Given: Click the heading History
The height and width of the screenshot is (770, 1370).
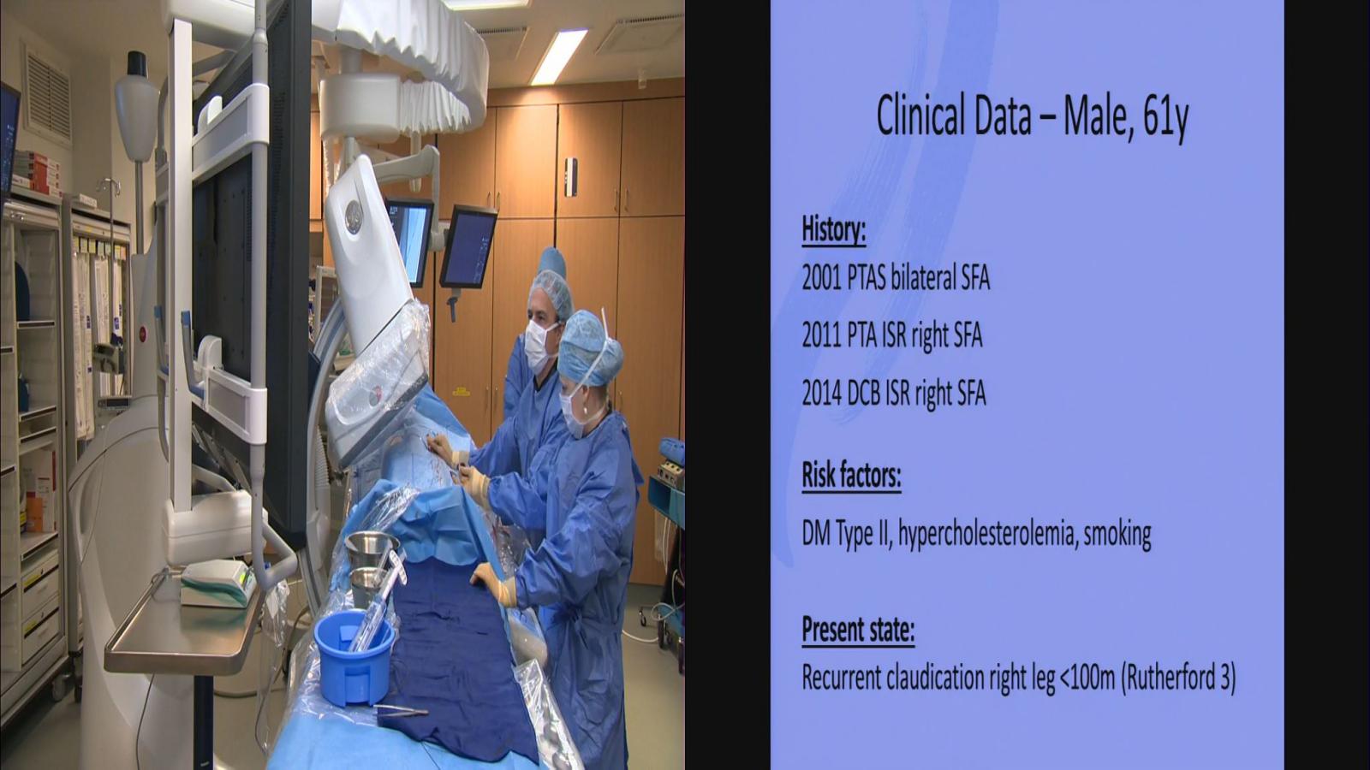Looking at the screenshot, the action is click(834, 230).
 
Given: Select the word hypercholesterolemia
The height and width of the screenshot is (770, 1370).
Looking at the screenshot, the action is click(987, 534).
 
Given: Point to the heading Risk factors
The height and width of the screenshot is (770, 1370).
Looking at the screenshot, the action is click(851, 476).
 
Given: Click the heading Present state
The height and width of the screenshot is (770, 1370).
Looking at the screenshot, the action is click(858, 630).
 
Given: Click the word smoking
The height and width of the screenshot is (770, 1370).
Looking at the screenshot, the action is click(1117, 535).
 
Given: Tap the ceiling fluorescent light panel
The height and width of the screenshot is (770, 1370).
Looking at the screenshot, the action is click(557, 56).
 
